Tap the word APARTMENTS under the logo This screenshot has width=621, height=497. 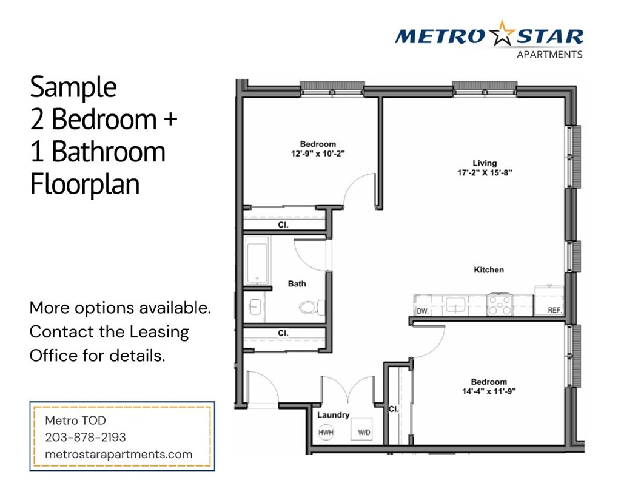tap(549, 55)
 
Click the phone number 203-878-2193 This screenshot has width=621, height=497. tap(86, 437)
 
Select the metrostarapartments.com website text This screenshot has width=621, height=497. tap(119, 454)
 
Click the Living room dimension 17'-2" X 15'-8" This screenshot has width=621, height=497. tap(485, 172)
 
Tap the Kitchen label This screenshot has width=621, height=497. tap(489, 269)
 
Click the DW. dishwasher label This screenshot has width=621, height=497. tap(423, 311)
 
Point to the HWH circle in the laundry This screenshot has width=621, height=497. tap(326, 433)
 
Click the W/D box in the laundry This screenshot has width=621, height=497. tap(364, 431)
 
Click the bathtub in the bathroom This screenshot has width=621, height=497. tap(257, 260)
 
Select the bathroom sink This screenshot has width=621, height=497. tap(254, 307)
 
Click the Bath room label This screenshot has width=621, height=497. tap(297, 283)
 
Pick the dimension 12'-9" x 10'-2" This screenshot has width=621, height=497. tap(318, 154)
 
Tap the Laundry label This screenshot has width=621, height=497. tap(334, 415)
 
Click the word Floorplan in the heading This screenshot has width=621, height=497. tap(85, 184)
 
